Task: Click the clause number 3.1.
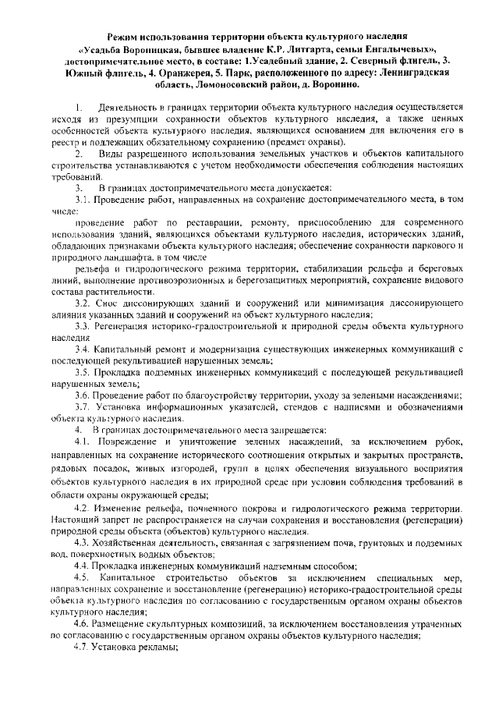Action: (83, 201)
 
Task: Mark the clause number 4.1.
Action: (83, 442)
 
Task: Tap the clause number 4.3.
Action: (83, 544)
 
